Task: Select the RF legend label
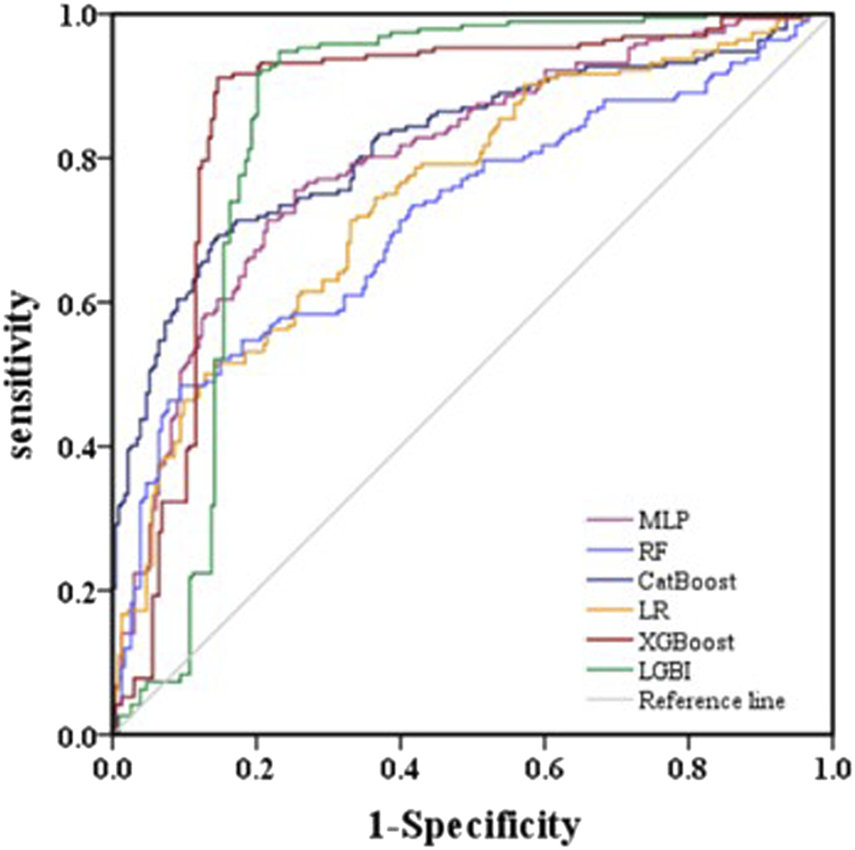[x=650, y=550]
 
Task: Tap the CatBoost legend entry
[x=686, y=580]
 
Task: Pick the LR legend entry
[x=649, y=611]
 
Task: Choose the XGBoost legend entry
[x=685, y=642]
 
